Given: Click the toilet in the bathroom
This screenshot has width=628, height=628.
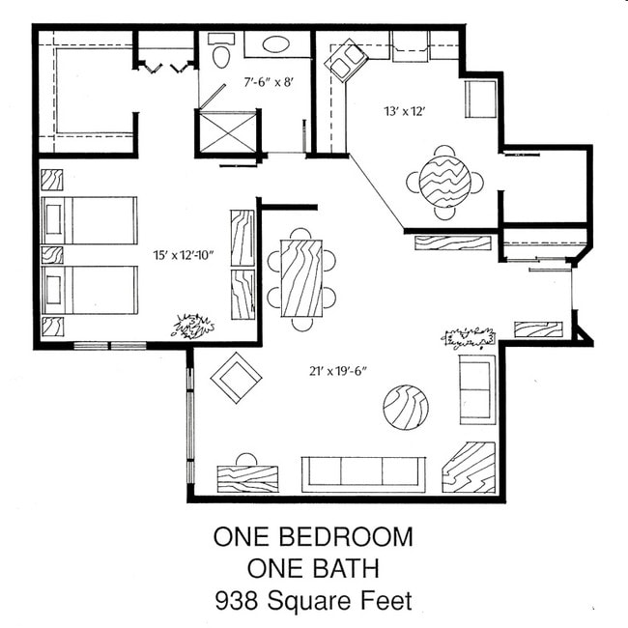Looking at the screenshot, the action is pyautogui.click(x=220, y=52).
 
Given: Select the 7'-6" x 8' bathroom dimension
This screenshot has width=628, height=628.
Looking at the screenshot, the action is pyautogui.click(x=270, y=82).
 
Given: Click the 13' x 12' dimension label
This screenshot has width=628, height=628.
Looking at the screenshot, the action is pyautogui.click(x=404, y=111).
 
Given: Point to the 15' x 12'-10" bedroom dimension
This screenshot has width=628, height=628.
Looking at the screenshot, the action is pyautogui.click(x=184, y=255).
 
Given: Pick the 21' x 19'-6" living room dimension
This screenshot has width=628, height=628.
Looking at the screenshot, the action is pyautogui.click(x=338, y=371).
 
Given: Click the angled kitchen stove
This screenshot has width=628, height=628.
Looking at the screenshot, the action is pyautogui.click(x=346, y=61).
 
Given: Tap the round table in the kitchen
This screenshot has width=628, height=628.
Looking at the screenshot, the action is pyautogui.click(x=444, y=182).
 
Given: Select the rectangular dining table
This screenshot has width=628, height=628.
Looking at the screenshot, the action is pyautogui.click(x=301, y=278).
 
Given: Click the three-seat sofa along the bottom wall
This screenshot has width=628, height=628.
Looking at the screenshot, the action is pyautogui.click(x=363, y=474).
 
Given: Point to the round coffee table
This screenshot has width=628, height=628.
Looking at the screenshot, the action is pyautogui.click(x=406, y=408).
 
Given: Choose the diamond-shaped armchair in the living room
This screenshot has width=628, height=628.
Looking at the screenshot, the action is pyautogui.click(x=237, y=378).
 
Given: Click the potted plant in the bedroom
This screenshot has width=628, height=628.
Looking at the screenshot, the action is pyautogui.click(x=194, y=326).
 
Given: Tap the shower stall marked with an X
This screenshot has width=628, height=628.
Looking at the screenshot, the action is pyautogui.click(x=227, y=131).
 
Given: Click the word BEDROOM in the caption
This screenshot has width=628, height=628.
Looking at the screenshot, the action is pyautogui.click(x=346, y=536).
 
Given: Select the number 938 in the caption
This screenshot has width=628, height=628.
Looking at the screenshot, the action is pyautogui.click(x=237, y=601).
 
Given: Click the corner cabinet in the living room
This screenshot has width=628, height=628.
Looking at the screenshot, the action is pyautogui.click(x=469, y=468).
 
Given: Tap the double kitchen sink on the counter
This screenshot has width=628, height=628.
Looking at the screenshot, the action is pyautogui.click(x=410, y=47).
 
